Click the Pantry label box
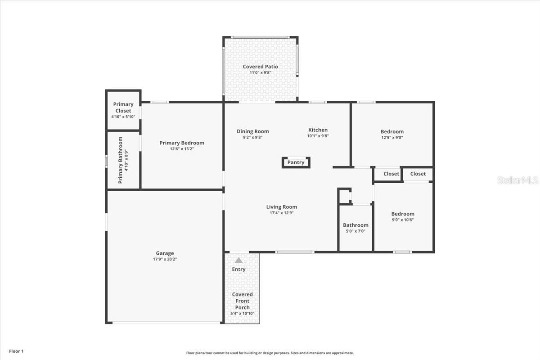coord(296,162)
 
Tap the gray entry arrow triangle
coord(238,260)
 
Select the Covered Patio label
coord(260,67)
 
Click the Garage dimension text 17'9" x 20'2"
coord(165,259)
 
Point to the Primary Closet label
coord(123,108)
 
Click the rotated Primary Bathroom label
coord(121,160)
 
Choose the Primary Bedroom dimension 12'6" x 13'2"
coord(181,149)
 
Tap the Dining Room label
coord(252,131)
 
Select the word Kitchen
coord(318,130)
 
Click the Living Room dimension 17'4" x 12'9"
coord(281,213)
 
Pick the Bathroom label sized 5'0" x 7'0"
coord(355,225)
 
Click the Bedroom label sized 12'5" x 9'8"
coord(392,132)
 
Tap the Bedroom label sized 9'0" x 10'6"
coord(403,214)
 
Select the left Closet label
coord(391,174)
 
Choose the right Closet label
coord(418,174)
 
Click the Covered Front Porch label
coord(242,301)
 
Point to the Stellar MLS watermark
coord(517,180)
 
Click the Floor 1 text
coord(16,351)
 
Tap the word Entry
coord(238,269)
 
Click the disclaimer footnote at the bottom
coord(270,353)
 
